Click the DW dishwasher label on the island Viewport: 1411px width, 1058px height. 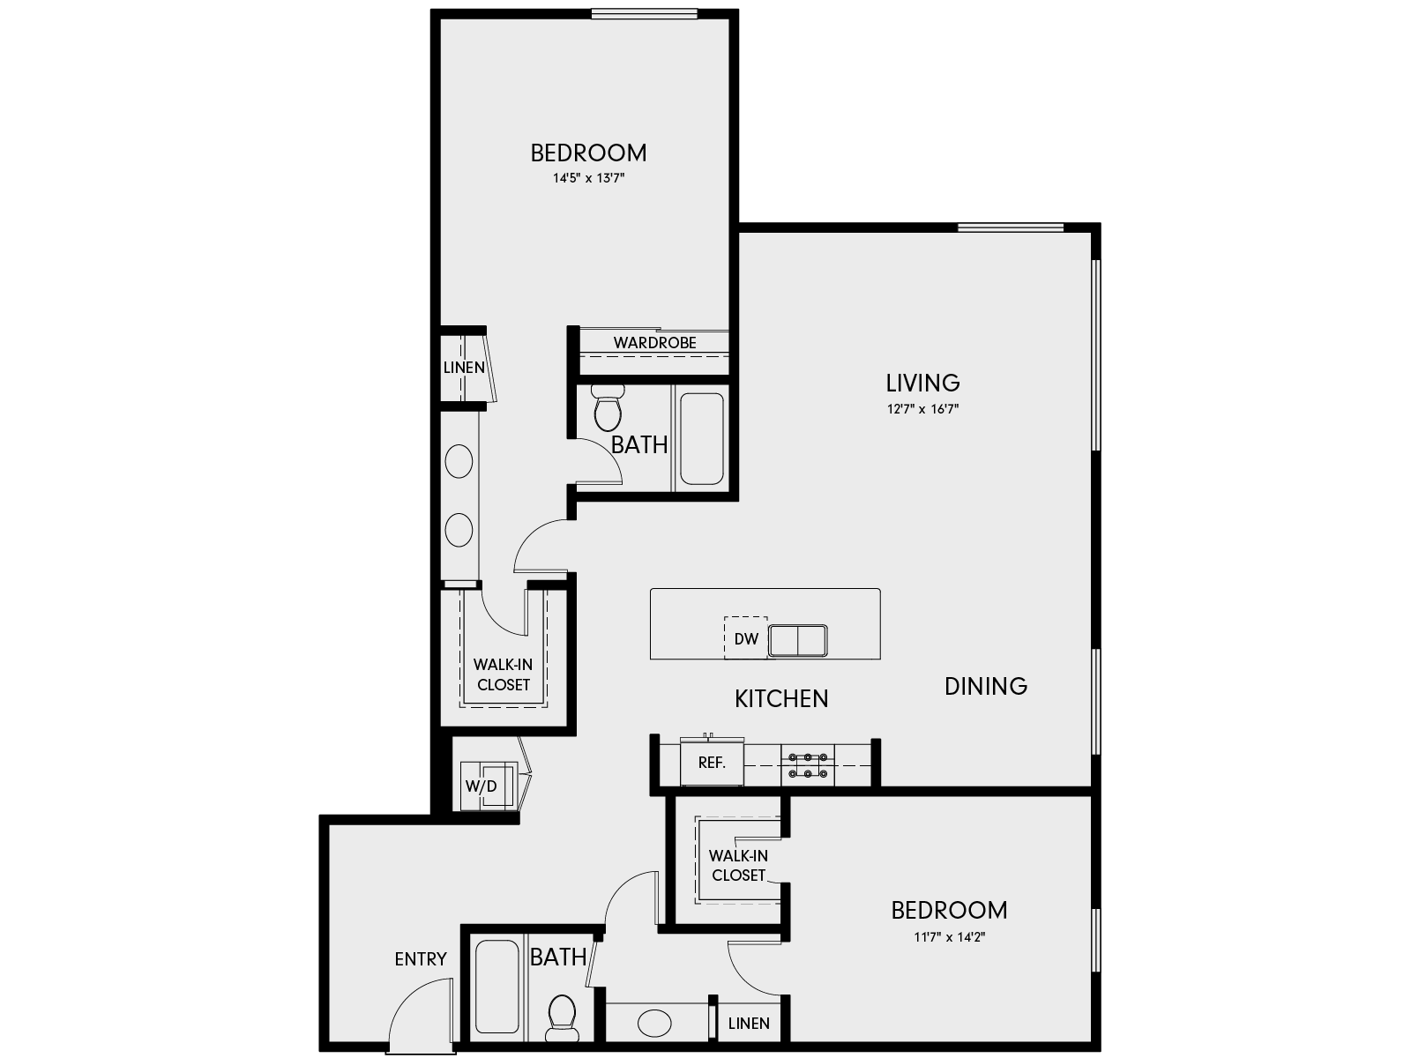(746, 639)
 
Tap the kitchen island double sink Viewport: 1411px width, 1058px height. (797, 640)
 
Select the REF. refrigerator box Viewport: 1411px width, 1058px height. (712, 763)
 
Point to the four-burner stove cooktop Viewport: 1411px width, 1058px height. (807, 764)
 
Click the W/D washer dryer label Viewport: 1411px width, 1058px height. (481, 786)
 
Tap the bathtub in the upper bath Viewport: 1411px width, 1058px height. (702, 438)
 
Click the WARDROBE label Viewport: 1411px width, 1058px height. (654, 343)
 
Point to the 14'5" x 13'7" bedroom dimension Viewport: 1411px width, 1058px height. (588, 178)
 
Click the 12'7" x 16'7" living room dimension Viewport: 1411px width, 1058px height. (922, 409)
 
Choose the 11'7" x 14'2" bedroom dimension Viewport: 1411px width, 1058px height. (949, 937)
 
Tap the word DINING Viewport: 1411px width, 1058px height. (985, 686)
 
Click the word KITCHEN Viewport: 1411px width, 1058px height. (781, 699)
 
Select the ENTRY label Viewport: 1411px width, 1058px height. (420, 959)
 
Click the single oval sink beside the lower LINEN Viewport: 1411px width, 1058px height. (654, 1024)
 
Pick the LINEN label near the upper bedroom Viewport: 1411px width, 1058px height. (464, 368)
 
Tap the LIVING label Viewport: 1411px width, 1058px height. (922, 383)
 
